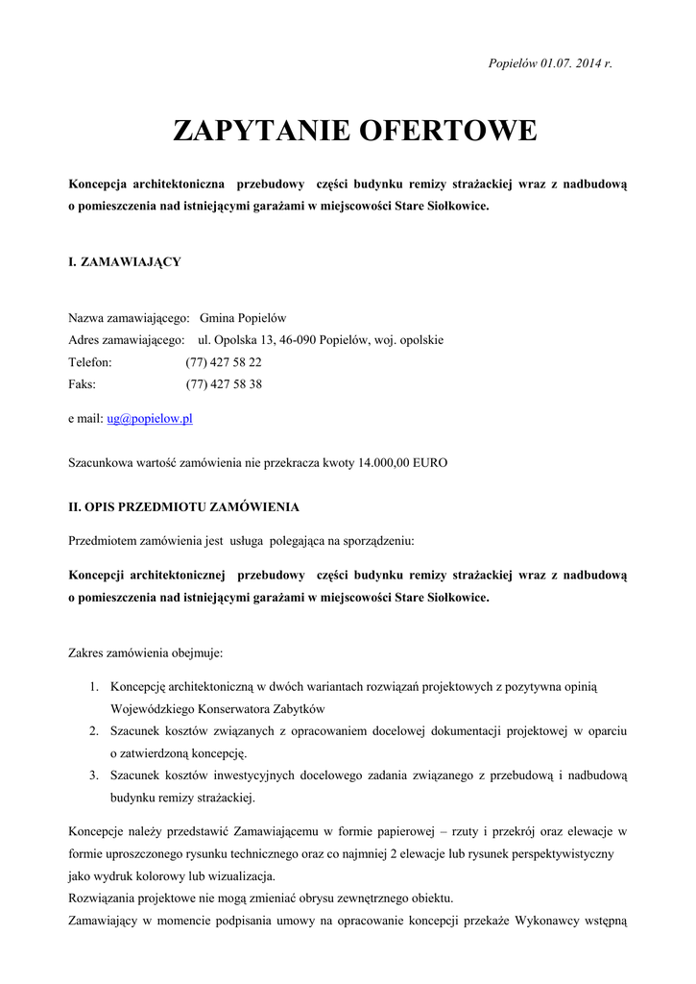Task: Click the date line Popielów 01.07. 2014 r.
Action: pyautogui.click(x=549, y=63)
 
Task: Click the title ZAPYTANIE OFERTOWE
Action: pyautogui.click(x=354, y=131)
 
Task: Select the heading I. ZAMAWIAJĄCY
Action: pyautogui.click(x=125, y=261)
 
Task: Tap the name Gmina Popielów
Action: pyautogui.click(x=243, y=318)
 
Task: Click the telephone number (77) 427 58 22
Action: pyautogui.click(x=224, y=362)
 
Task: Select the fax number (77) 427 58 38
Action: pyautogui.click(x=224, y=384)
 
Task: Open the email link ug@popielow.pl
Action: pyautogui.click(x=150, y=419)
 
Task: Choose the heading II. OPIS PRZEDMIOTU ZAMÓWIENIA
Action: pyautogui.click(x=183, y=506)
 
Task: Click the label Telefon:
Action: pyautogui.click(x=90, y=362)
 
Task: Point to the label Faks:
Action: pyautogui.click(x=83, y=384)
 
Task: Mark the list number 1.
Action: pyautogui.click(x=94, y=687)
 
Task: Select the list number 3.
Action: pyautogui.click(x=94, y=775)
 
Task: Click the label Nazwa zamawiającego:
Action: pyautogui.click(x=129, y=318)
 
